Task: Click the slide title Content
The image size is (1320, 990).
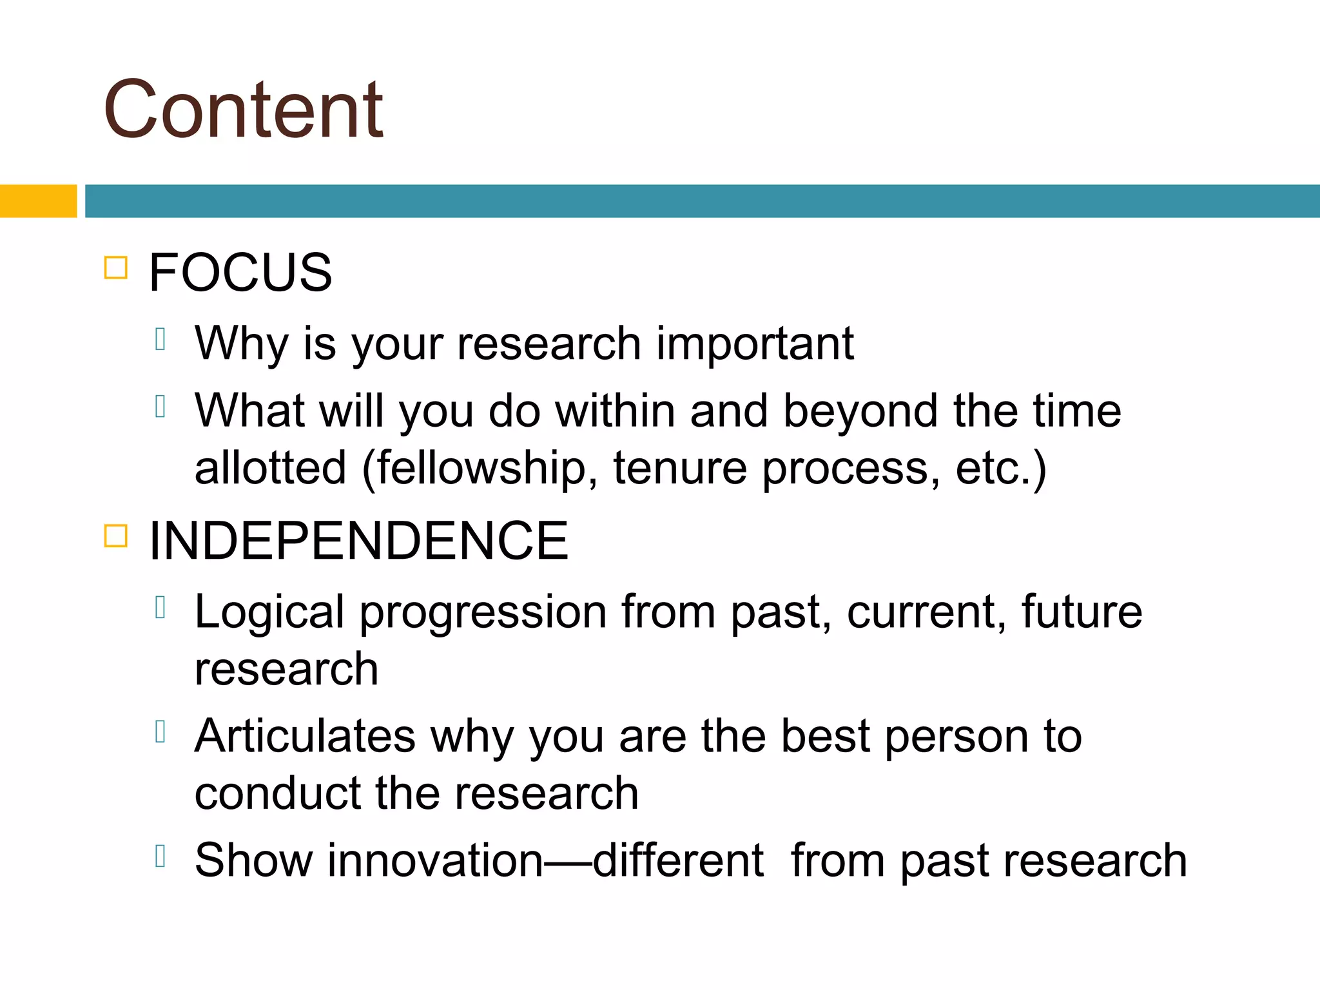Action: click(x=244, y=110)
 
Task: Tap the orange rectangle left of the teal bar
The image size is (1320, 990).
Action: click(x=38, y=201)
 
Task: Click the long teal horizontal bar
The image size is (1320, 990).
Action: click(x=701, y=201)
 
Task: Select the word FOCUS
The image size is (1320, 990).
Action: click(x=240, y=273)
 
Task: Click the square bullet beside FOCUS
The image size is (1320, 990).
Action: click(x=116, y=267)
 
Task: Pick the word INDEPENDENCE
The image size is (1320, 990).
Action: click(x=358, y=541)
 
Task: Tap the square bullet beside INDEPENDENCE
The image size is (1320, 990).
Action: click(x=116, y=536)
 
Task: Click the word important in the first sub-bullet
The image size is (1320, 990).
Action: click(x=755, y=344)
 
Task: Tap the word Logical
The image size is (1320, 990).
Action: click(x=269, y=612)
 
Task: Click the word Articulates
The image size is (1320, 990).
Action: click(x=305, y=737)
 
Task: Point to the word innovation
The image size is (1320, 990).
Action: click(x=436, y=861)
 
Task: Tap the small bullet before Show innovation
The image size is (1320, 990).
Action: click(x=161, y=856)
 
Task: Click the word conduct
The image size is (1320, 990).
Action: click(x=277, y=793)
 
